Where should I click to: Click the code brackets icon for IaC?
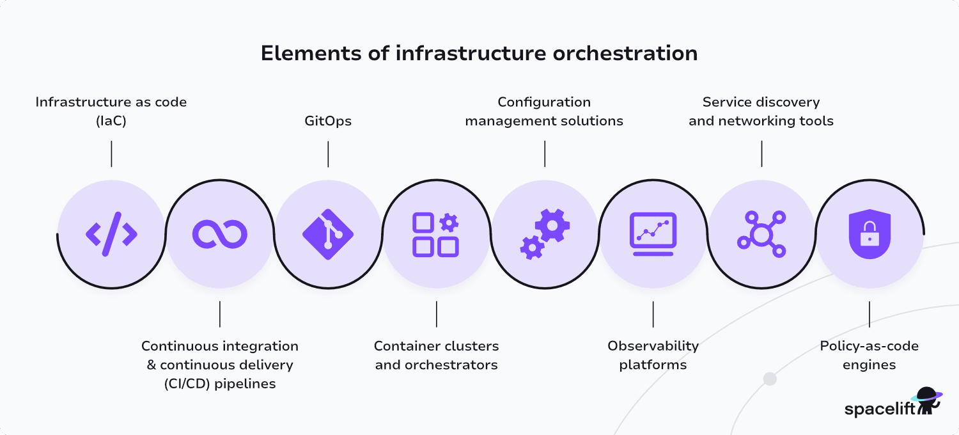click(x=111, y=234)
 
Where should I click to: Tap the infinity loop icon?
click(x=219, y=234)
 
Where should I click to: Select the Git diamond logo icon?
click(x=328, y=234)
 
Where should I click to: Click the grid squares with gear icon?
click(x=435, y=235)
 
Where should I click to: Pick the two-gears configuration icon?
click(x=544, y=234)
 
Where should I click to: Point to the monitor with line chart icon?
click(x=653, y=234)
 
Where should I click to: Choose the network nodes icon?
click(x=761, y=234)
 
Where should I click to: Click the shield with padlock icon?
click(x=869, y=234)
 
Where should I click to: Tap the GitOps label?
click(x=328, y=121)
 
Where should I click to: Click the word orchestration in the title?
click(x=625, y=53)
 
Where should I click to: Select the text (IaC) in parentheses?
click(x=111, y=121)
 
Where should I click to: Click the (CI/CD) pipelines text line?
click(x=220, y=384)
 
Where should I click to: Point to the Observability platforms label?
click(x=653, y=355)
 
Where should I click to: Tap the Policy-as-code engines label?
click(x=869, y=355)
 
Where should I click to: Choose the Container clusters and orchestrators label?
click(x=436, y=355)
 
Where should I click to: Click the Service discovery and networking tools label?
click(x=761, y=111)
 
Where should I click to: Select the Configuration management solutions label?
click(x=544, y=111)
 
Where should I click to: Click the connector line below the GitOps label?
click(x=328, y=154)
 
